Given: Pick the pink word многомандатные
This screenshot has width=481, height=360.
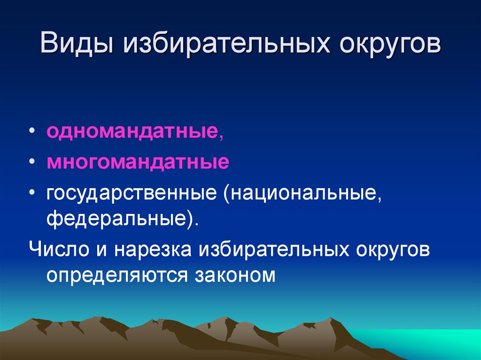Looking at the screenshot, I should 138,163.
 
